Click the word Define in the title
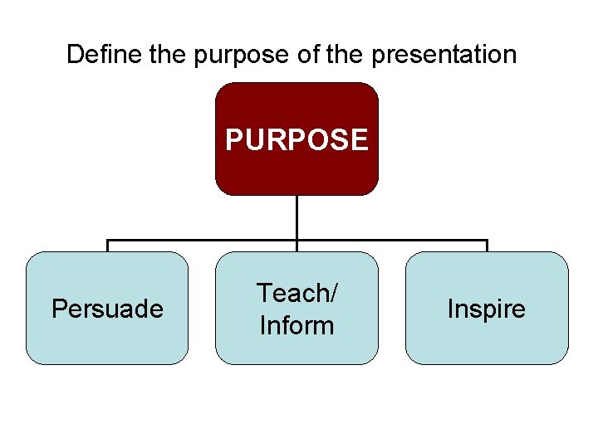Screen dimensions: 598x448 point(93,55)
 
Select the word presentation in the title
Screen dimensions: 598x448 point(444,56)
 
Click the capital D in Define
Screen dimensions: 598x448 point(74,55)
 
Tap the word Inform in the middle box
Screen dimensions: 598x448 point(297,325)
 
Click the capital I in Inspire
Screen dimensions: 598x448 point(450,309)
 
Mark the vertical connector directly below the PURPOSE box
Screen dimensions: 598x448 point(297,217)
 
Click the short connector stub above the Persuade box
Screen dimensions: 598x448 point(107,246)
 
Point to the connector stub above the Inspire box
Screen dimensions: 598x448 point(487,246)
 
